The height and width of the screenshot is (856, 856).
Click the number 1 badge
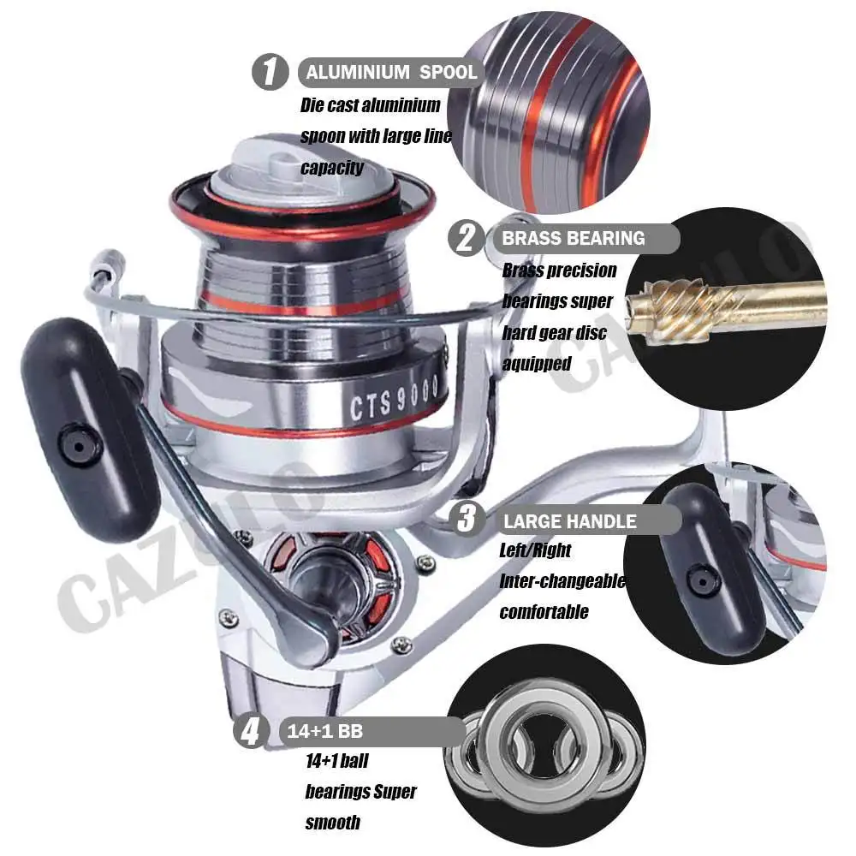270,72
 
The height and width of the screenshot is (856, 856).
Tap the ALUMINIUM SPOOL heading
391,72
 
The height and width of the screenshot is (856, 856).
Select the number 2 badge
466,238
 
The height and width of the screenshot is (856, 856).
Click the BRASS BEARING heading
574,239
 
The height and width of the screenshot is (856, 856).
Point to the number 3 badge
467,518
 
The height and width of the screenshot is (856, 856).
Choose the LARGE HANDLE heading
570,521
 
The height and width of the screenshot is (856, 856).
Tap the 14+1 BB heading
324,731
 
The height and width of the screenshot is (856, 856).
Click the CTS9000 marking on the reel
394,399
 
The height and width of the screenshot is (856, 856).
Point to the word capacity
332,168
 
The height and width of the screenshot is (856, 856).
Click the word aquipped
537,364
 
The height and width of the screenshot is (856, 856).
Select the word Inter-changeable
563,581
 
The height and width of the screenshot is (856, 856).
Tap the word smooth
332,822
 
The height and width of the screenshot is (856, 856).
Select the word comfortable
544,612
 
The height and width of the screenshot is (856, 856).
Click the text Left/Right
535,550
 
